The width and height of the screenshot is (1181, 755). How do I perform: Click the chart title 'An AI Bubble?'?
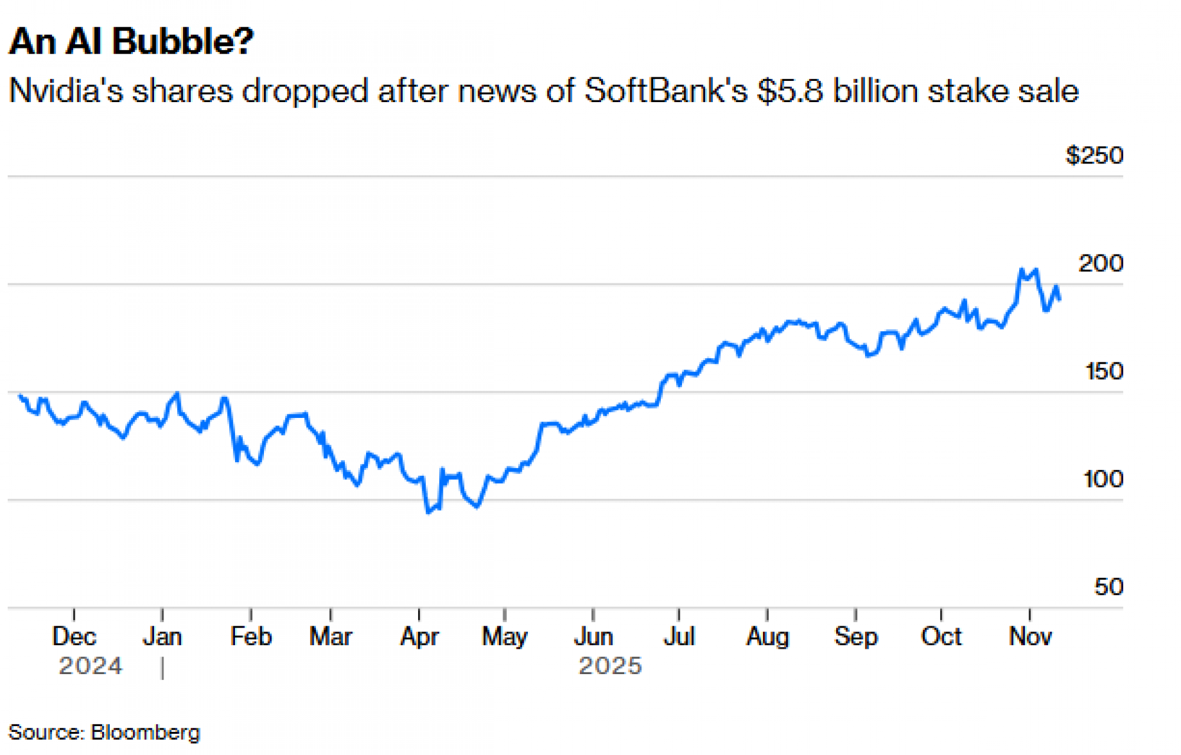(131, 41)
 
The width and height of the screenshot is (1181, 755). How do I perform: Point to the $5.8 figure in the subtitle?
(791, 91)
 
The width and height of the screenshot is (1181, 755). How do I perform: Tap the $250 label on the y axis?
(1094, 155)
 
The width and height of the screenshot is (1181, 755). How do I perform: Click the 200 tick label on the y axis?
(1101, 263)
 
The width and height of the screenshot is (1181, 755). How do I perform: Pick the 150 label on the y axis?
(1104, 371)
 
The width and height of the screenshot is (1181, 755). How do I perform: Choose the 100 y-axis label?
(1103, 479)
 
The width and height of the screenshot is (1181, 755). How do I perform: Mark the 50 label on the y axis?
(1108, 587)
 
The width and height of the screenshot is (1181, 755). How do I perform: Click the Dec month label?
(74, 636)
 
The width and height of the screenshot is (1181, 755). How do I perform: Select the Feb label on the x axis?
(251, 636)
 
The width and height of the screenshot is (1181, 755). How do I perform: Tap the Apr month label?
(419, 636)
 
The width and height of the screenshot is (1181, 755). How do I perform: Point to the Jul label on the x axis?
(679, 636)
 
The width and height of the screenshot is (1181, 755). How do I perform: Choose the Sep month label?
(856, 636)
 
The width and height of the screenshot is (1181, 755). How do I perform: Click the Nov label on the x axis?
(1030, 636)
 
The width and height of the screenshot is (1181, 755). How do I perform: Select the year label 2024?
(90, 666)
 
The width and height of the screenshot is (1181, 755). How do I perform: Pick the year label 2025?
(610, 666)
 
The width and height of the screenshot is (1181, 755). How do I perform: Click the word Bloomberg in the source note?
(146, 733)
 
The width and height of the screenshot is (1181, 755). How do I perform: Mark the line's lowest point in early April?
(428, 512)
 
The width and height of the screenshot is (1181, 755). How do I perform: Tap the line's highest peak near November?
(1022, 270)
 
